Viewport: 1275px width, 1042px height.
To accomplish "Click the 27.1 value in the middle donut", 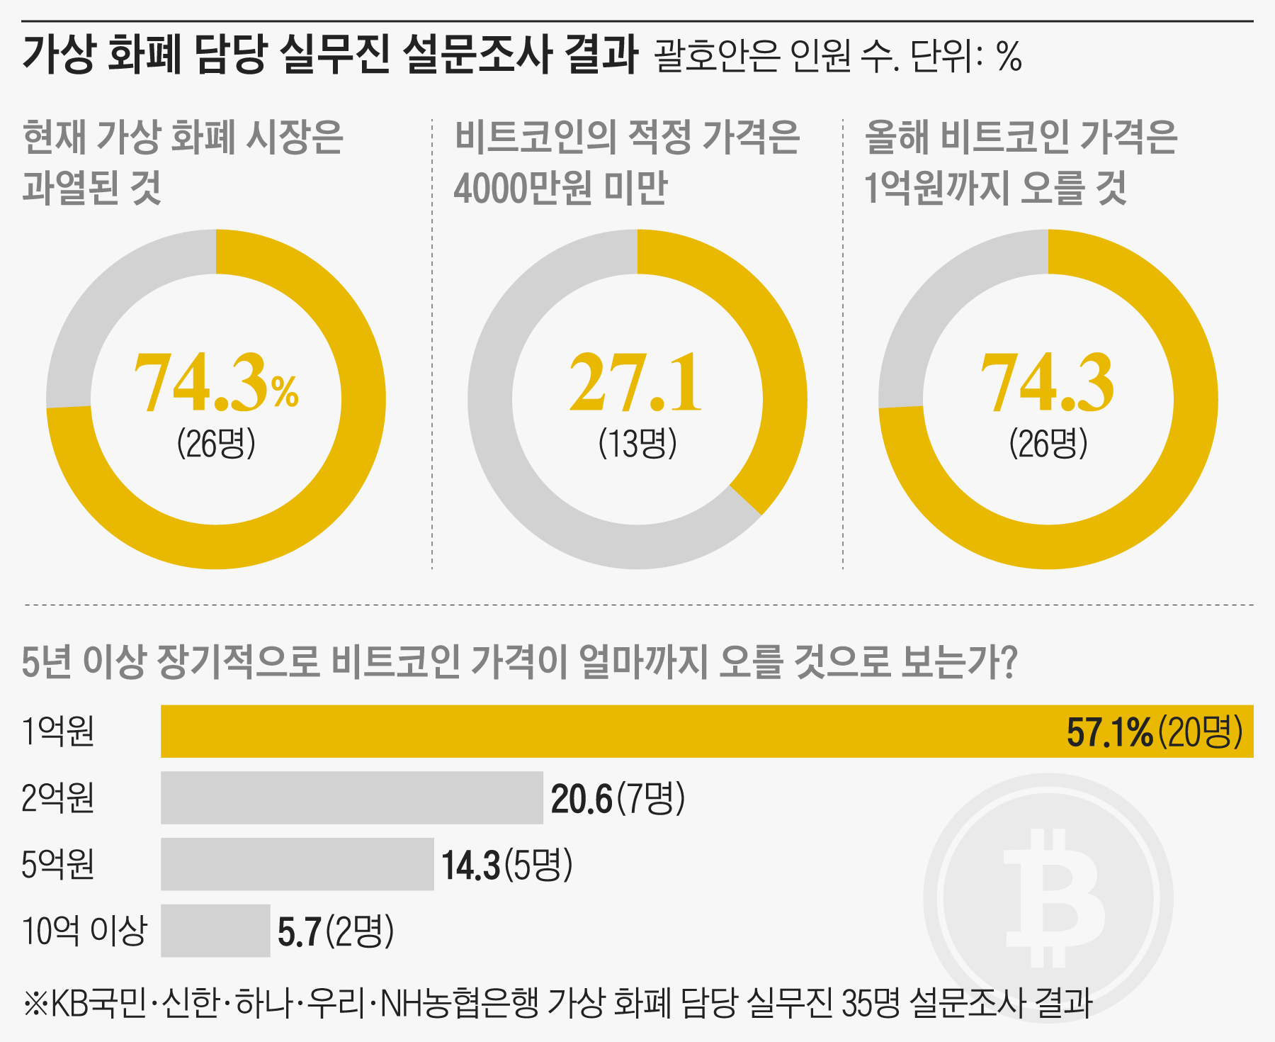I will pos(635,383).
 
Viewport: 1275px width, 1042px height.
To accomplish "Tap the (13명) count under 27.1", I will pos(637,444).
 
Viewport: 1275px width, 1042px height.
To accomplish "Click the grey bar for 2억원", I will pos(351,798).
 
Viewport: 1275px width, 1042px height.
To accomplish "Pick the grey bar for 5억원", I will pos(297,864).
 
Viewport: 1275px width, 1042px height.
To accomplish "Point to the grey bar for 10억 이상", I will pos(215,931).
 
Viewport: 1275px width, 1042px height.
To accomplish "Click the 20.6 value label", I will pos(582,800).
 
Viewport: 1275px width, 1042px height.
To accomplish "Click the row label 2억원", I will pos(58,798).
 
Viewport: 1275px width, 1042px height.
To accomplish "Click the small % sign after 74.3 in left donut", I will pos(285,391).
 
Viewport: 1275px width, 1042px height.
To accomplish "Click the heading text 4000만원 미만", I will pos(560,189).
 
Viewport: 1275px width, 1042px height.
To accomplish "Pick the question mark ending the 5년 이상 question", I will pos(1009,662).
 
